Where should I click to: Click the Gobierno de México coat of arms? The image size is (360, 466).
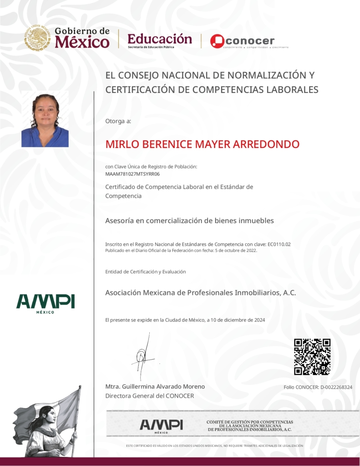37,38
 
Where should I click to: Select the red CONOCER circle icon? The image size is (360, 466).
217,41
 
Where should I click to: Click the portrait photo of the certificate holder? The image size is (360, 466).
45,120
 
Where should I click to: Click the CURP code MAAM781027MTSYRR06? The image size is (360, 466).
132,174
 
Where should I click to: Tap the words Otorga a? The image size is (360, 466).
118,121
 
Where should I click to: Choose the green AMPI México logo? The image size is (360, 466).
46,303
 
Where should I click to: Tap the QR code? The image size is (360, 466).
312,356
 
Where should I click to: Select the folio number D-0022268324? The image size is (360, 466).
336,387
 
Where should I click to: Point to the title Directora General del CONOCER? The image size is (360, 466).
150,396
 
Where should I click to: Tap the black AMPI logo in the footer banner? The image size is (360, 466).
161,425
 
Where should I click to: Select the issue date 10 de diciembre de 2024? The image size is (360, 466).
238,320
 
